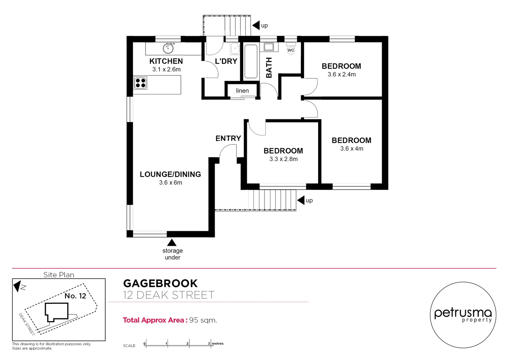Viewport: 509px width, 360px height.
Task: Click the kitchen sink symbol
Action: click(x=168, y=48)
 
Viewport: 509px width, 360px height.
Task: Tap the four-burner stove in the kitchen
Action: click(x=141, y=83)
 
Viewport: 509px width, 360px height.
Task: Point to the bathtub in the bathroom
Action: click(x=251, y=61)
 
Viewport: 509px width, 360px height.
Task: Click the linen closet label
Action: click(x=242, y=91)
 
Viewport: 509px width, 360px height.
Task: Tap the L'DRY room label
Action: click(x=226, y=61)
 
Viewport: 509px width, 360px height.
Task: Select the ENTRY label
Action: click(x=228, y=138)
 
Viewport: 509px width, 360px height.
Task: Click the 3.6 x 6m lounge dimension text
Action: click(x=171, y=183)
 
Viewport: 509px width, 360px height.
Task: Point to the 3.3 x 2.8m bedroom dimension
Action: click(x=283, y=159)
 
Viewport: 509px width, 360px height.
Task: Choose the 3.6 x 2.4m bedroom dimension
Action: click(x=341, y=74)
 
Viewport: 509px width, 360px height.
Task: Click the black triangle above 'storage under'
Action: click(x=172, y=242)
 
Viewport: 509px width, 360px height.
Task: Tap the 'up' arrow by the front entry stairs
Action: click(x=301, y=200)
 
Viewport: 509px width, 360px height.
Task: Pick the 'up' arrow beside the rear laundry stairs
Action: click(x=256, y=25)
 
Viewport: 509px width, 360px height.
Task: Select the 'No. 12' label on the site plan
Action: click(x=75, y=296)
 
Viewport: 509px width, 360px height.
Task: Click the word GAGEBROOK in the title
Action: click(x=160, y=283)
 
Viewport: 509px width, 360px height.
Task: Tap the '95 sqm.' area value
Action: click(x=203, y=320)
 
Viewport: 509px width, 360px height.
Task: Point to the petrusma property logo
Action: click(x=463, y=315)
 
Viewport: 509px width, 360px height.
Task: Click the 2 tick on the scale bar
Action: click(x=189, y=343)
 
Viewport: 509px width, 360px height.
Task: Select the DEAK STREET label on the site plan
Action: click(x=27, y=324)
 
